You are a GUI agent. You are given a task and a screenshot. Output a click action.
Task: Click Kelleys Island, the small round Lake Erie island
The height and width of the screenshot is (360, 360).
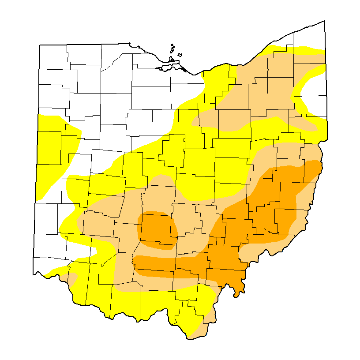tap(180, 55)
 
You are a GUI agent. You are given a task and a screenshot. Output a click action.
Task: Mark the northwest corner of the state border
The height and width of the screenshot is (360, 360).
tap(40, 45)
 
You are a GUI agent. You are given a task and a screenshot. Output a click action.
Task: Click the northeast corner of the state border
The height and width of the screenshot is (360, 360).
tap(325, 21)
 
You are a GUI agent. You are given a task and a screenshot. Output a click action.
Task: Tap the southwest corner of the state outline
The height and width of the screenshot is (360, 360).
tap(34, 274)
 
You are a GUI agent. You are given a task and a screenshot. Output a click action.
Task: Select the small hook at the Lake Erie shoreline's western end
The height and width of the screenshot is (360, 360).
tap(131, 44)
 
